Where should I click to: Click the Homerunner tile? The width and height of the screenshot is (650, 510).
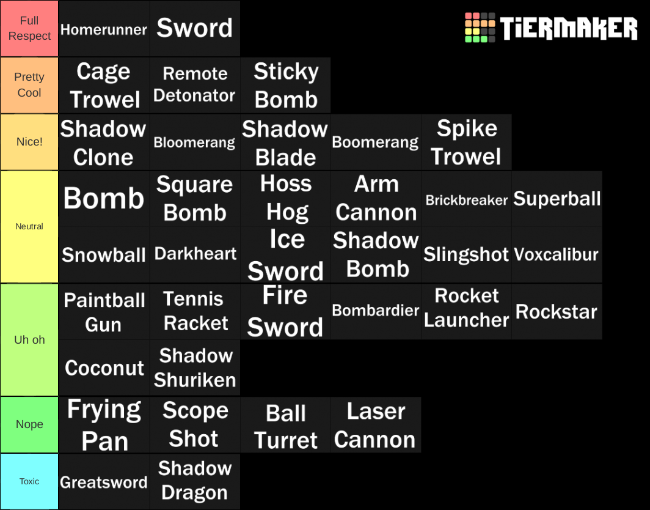pyautogui.click(x=104, y=29)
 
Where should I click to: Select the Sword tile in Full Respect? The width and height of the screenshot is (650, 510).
pyautogui.click(x=195, y=29)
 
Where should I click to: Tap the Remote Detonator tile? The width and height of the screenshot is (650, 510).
pyautogui.click(x=195, y=85)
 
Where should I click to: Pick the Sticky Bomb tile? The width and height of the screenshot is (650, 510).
pyautogui.click(x=285, y=85)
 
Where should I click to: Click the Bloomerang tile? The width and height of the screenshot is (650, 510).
pyautogui.click(x=195, y=142)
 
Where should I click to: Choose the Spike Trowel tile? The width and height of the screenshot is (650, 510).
pyautogui.click(x=466, y=142)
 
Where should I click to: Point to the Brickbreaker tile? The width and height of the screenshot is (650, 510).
pyautogui.click(x=466, y=199)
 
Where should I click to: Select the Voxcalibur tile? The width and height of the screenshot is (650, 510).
pyautogui.click(x=557, y=254)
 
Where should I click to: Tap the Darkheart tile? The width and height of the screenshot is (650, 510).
pyautogui.click(x=195, y=254)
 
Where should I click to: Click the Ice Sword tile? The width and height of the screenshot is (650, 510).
pyautogui.click(x=285, y=254)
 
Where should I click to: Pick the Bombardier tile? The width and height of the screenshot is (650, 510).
pyautogui.click(x=376, y=311)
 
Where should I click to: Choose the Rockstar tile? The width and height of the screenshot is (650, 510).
pyautogui.click(x=557, y=311)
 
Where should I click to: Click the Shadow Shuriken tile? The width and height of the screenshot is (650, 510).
pyautogui.click(x=195, y=368)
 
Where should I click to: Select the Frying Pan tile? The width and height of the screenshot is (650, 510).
pyautogui.click(x=104, y=424)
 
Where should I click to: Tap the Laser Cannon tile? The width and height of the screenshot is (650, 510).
pyautogui.click(x=376, y=424)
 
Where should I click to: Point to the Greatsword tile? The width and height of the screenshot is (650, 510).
pyautogui.click(x=104, y=482)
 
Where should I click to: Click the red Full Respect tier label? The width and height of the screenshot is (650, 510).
pyautogui.click(x=29, y=29)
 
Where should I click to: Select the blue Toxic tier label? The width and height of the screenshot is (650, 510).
pyautogui.click(x=29, y=482)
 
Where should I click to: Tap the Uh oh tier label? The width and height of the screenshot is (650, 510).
pyautogui.click(x=29, y=339)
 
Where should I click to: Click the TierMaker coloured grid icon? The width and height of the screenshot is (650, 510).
pyautogui.click(x=480, y=28)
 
